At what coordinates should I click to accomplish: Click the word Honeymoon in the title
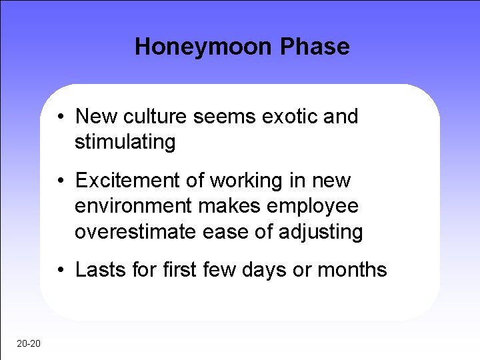click(x=204, y=47)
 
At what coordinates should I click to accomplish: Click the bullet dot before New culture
click(x=60, y=117)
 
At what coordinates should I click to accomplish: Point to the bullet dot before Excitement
click(x=60, y=181)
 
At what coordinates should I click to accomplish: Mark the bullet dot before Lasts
click(x=60, y=271)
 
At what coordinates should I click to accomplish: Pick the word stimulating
click(x=125, y=143)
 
